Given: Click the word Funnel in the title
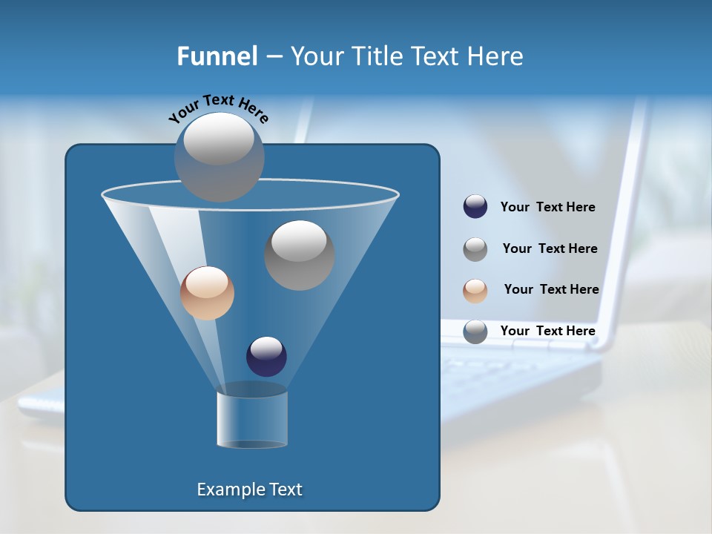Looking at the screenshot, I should [217, 56].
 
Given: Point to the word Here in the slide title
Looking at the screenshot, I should [495, 56].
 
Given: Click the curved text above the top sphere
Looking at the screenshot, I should [219, 108].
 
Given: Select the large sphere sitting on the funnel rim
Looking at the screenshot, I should [220, 157].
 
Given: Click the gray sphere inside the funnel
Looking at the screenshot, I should [299, 255].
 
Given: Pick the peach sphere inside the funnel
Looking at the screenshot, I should [207, 293].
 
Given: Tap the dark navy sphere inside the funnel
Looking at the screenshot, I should [266, 356].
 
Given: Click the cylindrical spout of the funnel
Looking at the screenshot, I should [252, 419].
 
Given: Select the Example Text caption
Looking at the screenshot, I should [250, 489].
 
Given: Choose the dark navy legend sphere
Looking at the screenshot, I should [475, 207].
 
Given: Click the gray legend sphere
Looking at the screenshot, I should [475, 249].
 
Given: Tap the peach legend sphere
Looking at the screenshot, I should [475, 290].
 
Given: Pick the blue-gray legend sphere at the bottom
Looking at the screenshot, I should [475, 332].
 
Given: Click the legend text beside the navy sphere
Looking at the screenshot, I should [548, 208].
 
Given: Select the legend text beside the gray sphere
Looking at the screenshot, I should [550, 249].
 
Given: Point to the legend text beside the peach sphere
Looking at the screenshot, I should [551, 290].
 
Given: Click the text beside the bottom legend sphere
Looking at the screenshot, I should [548, 331].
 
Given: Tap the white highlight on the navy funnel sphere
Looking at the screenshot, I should [266, 347].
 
